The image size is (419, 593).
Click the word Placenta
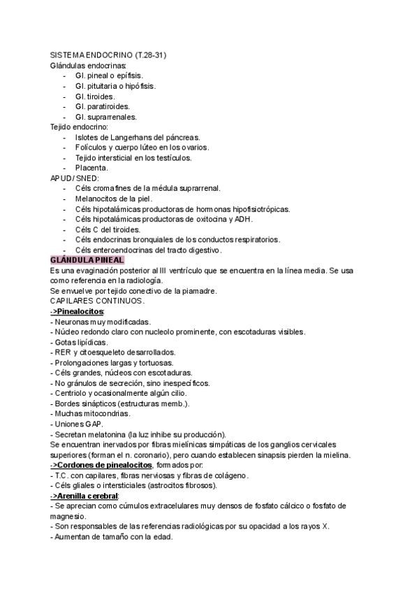point(91,168)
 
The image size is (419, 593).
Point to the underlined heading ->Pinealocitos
point(77,311)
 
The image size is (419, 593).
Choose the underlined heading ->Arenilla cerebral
point(84,496)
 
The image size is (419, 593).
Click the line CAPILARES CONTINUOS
point(97,301)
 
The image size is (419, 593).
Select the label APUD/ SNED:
point(75,178)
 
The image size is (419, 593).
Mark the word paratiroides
point(107,106)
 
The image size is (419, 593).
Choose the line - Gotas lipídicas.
point(79,342)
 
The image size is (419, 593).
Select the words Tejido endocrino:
point(79,127)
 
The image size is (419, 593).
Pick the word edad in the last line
point(160,537)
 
